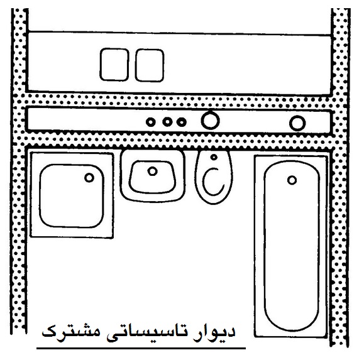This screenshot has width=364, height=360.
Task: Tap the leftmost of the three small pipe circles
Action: pos(151,122)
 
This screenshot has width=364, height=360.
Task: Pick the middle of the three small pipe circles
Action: pos(167,121)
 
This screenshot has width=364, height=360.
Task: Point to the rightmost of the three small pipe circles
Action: pos(182,122)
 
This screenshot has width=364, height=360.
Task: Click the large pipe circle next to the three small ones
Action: pos(211,121)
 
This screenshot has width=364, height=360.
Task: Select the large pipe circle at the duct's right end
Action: pos(297,123)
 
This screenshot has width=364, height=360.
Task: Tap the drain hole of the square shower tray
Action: pos(89,178)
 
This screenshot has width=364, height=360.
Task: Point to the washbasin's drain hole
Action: pos(152,172)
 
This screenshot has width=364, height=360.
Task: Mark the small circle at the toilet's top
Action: pos(214,157)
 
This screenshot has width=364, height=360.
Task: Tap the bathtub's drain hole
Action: pos(292,180)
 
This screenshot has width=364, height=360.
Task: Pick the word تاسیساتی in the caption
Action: pos(151,332)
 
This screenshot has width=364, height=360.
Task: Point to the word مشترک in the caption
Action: pos(71,330)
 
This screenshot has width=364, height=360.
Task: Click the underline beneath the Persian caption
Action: pos(141,348)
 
